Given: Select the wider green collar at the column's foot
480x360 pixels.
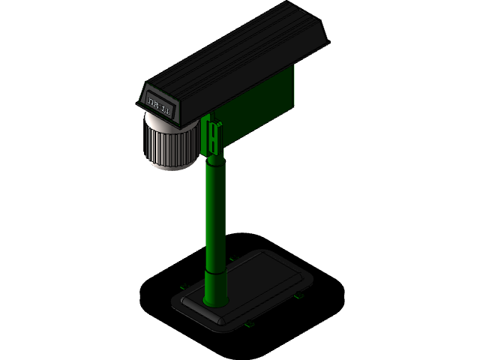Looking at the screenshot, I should pyautogui.click(x=216, y=289).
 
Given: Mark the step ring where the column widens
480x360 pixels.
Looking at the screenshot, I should pyautogui.click(x=216, y=271).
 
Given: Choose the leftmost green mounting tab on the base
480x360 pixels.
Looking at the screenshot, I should pyautogui.click(x=182, y=286).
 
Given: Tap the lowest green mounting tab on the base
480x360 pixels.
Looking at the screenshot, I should pyautogui.click(x=249, y=325).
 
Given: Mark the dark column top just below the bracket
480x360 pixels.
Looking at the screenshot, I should pyautogui.click(x=215, y=160).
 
